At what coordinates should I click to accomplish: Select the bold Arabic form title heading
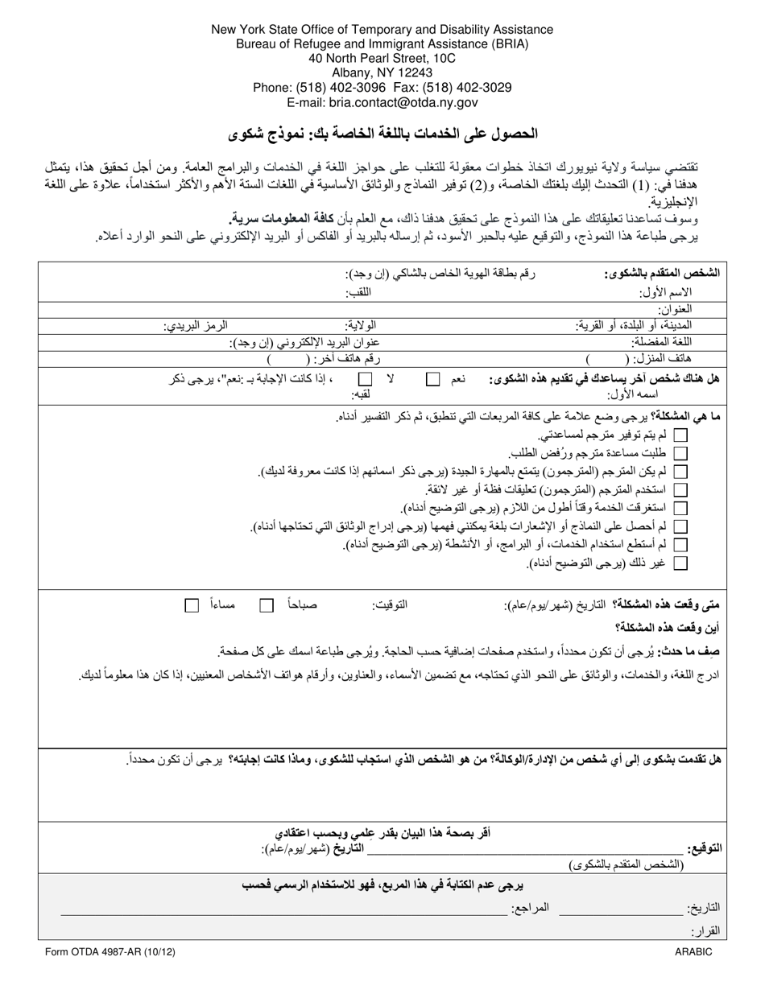(382, 133)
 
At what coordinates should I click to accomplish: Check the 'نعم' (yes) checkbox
(433, 378)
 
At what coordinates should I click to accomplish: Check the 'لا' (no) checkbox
(366, 378)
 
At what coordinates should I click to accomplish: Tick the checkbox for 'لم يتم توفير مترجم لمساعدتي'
(680, 435)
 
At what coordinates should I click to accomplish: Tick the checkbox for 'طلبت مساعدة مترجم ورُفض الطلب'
(680, 453)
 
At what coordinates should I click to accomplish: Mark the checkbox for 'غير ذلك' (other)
(680, 563)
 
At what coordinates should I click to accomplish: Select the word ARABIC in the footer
(693, 951)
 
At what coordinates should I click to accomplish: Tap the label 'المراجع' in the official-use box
(531, 907)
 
